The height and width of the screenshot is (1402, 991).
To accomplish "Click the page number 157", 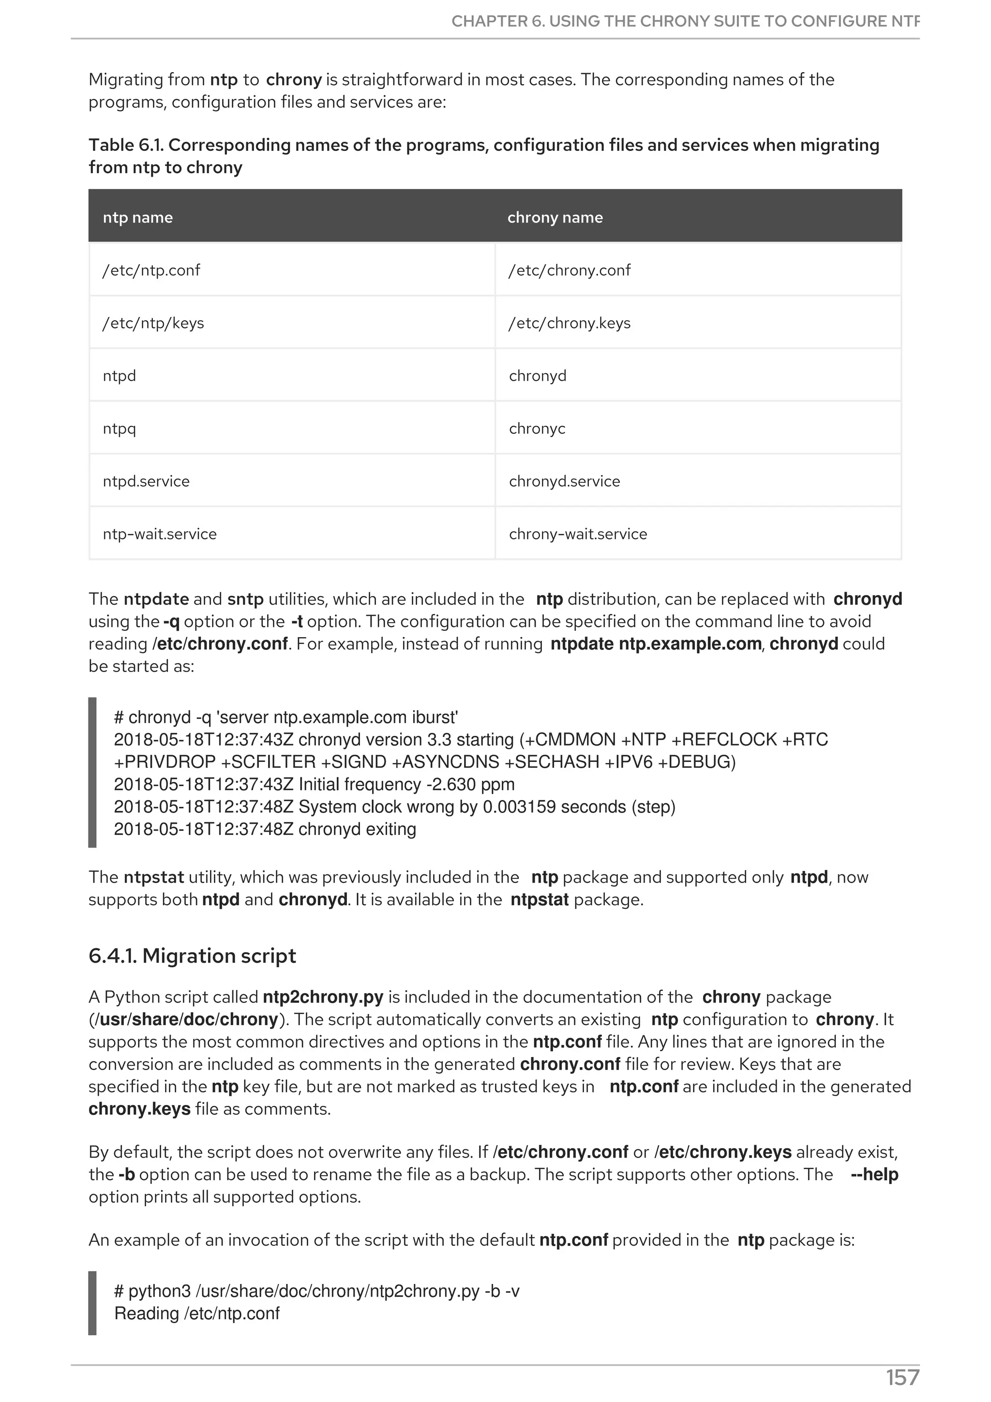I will pyautogui.click(x=902, y=1378).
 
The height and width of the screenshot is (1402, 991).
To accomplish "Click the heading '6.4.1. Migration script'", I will pyautogui.click(x=192, y=955).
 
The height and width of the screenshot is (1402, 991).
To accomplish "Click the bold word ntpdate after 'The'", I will pyautogui.click(x=156, y=599).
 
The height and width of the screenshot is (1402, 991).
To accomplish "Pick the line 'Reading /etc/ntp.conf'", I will pyautogui.click(x=196, y=1313).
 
